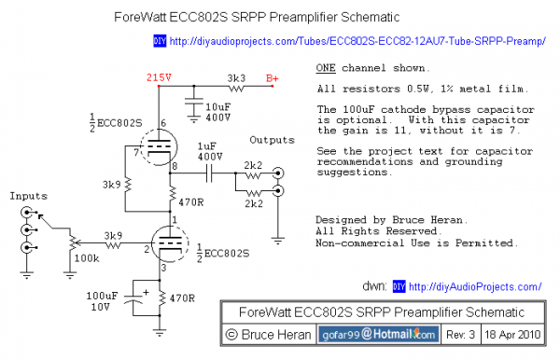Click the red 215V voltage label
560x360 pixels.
(x=158, y=77)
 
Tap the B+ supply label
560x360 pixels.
(x=273, y=77)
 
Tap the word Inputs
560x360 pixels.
(x=28, y=196)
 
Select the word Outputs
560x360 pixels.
(x=272, y=140)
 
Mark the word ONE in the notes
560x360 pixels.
(x=326, y=69)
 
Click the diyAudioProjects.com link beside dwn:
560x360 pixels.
(x=476, y=286)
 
